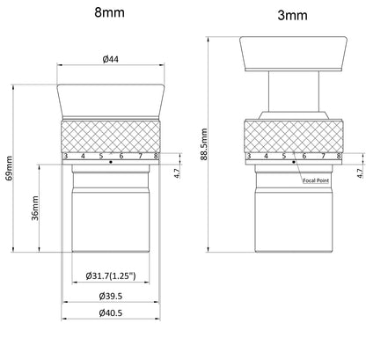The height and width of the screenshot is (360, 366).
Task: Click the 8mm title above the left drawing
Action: pos(109,12)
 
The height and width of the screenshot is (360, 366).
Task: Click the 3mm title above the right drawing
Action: pos(292,15)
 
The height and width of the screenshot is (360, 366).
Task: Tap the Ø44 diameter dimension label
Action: pos(111,59)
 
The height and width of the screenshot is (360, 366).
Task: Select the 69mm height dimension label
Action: pos(9,168)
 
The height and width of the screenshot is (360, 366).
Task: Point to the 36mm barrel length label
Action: pos(35,208)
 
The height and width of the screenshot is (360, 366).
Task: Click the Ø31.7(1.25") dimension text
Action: pos(111,276)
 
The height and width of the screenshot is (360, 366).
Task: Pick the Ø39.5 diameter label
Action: pos(111,296)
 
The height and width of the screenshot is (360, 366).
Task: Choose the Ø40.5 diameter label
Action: pos(111,312)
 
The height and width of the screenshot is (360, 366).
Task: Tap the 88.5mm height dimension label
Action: pos(204,144)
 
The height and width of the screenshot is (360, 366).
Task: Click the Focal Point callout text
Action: pos(316,180)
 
